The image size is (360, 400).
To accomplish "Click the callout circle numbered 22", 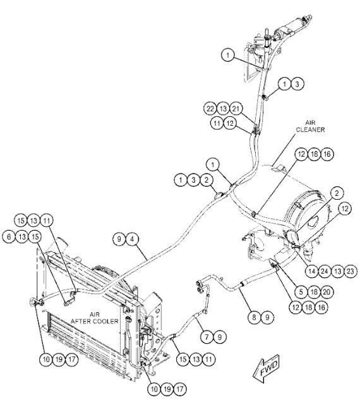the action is click(x=210, y=109).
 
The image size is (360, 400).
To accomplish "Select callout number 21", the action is click(x=236, y=109).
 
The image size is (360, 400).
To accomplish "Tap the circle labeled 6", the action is click(x=9, y=237).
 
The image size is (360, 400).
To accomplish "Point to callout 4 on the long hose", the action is click(x=133, y=239).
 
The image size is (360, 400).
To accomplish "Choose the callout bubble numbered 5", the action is click(x=301, y=291).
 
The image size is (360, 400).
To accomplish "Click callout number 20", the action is click(x=327, y=291).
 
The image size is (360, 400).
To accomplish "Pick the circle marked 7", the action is click(x=207, y=337).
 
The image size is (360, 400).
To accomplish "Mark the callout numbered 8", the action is click(x=254, y=317).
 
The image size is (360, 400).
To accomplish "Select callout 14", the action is click(x=311, y=271).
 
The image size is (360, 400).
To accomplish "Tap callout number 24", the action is click(x=325, y=271).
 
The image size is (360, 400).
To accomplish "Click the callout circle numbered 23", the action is click(x=351, y=271).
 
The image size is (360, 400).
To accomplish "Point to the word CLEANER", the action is click(x=311, y=130).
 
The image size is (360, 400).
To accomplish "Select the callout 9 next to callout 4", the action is click(x=119, y=239).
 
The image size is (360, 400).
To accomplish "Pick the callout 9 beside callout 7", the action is click(x=220, y=337).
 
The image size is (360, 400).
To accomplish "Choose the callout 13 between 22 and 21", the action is click(x=224, y=109).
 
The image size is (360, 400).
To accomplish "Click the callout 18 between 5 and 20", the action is click(x=314, y=291).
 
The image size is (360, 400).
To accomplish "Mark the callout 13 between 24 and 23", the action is click(x=337, y=271).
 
